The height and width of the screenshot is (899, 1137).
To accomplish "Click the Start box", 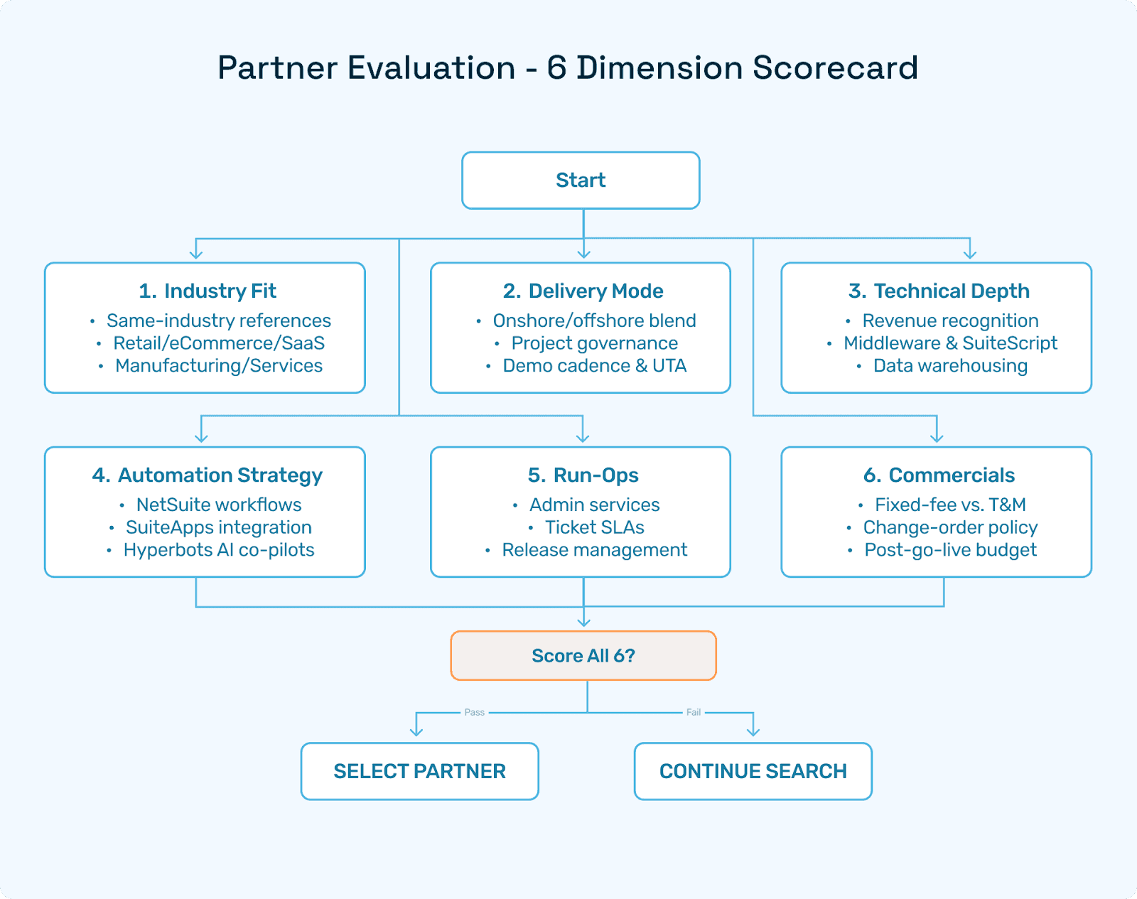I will tap(581, 181).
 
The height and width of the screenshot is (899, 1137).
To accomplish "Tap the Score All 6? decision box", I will tap(583, 655).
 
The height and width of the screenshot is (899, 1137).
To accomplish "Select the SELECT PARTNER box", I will tap(419, 771).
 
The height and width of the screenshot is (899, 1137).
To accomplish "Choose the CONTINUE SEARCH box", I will tap(753, 771).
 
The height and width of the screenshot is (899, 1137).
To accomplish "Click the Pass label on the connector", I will tap(474, 712).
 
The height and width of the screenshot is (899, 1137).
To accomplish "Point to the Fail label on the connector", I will tap(693, 712).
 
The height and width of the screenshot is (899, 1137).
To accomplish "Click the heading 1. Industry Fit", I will tap(208, 291).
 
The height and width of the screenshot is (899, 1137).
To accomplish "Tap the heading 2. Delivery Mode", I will tap(583, 291).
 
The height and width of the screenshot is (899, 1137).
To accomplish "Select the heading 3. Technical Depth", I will tap(938, 291).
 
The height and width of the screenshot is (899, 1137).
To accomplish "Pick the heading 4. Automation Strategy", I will tap(207, 475).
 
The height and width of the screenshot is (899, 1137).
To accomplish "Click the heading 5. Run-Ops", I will tap(583, 475).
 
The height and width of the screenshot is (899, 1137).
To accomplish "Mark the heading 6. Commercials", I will tap(938, 475).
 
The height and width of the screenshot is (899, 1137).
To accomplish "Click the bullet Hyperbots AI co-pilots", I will tap(219, 550).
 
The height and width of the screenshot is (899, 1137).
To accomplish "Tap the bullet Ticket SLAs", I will tap(594, 527).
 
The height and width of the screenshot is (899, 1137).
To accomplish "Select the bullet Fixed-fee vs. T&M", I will tap(950, 505).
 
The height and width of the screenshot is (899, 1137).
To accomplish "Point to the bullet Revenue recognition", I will tap(950, 321).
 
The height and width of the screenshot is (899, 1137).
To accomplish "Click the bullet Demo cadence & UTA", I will tap(594, 366).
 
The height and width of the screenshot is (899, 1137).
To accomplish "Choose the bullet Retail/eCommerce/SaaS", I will tap(219, 343).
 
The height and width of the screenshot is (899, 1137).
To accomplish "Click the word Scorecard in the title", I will tap(835, 68).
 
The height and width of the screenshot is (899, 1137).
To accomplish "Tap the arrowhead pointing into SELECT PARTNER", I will tap(416, 731).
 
